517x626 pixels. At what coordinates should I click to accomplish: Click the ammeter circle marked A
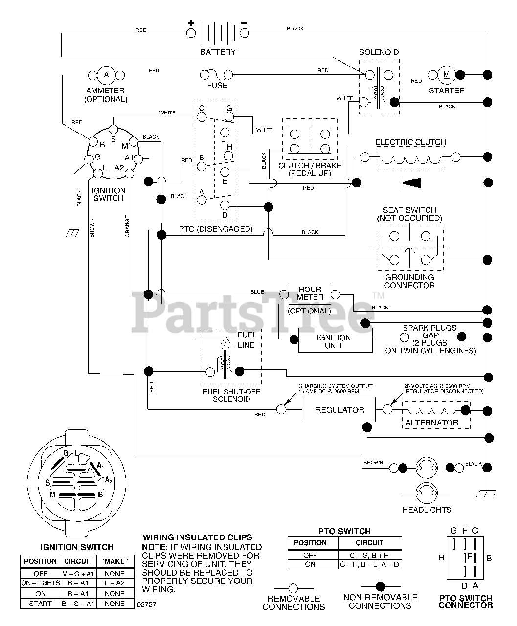(x=106, y=75)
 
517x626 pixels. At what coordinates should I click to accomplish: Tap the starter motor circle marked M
(x=446, y=75)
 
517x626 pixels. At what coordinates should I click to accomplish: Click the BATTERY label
(x=218, y=52)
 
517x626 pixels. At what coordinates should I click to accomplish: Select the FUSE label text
(x=217, y=86)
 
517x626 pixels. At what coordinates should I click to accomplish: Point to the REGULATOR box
(x=338, y=409)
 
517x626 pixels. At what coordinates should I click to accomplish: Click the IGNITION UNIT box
(x=335, y=340)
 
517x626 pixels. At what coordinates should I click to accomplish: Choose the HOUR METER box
(x=310, y=293)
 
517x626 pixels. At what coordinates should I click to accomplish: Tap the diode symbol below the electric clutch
(x=411, y=182)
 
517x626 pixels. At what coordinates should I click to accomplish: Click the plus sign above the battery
(x=191, y=22)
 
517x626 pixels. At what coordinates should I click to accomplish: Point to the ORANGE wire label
(x=127, y=226)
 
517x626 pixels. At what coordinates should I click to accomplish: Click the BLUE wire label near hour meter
(x=257, y=292)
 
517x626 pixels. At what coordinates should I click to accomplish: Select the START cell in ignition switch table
(x=40, y=604)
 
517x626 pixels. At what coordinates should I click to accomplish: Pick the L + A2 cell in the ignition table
(x=114, y=583)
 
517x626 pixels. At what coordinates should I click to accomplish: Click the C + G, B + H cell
(x=370, y=555)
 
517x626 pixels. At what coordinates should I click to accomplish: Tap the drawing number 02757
(x=146, y=604)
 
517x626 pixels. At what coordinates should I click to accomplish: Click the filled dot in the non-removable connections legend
(x=380, y=586)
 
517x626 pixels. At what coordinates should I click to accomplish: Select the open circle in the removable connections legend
(x=293, y=588)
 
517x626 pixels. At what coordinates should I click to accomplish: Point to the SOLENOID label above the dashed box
(x=379, y=52)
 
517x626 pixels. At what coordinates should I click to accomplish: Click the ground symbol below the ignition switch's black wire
(x=72, y=233)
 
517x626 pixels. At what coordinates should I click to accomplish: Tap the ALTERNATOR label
(x=432, y=423)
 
